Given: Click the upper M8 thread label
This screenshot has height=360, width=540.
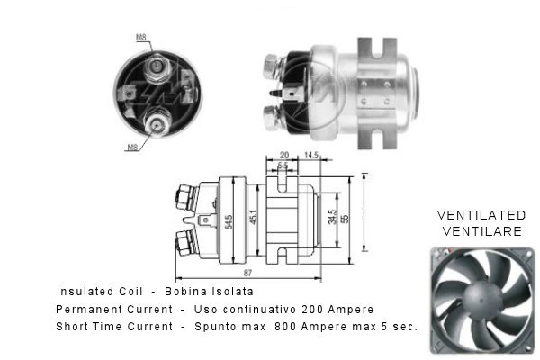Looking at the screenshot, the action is (141, 37).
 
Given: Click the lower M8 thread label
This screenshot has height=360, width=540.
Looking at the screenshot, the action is (132, 148).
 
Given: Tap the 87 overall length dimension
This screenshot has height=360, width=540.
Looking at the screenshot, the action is (247, 273).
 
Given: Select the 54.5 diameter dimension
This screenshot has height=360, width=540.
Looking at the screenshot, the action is (229, 222).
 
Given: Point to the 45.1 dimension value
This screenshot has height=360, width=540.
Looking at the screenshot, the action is (254, 218).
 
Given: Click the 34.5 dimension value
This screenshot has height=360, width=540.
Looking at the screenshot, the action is (332, 218).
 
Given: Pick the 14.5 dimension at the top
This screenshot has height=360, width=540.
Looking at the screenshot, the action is (311, 156).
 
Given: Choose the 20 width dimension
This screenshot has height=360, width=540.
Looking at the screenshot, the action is (284, 156).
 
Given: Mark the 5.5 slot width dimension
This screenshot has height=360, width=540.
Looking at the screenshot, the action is (283, 166).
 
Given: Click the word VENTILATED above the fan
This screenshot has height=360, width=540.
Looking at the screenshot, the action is (481, 215).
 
